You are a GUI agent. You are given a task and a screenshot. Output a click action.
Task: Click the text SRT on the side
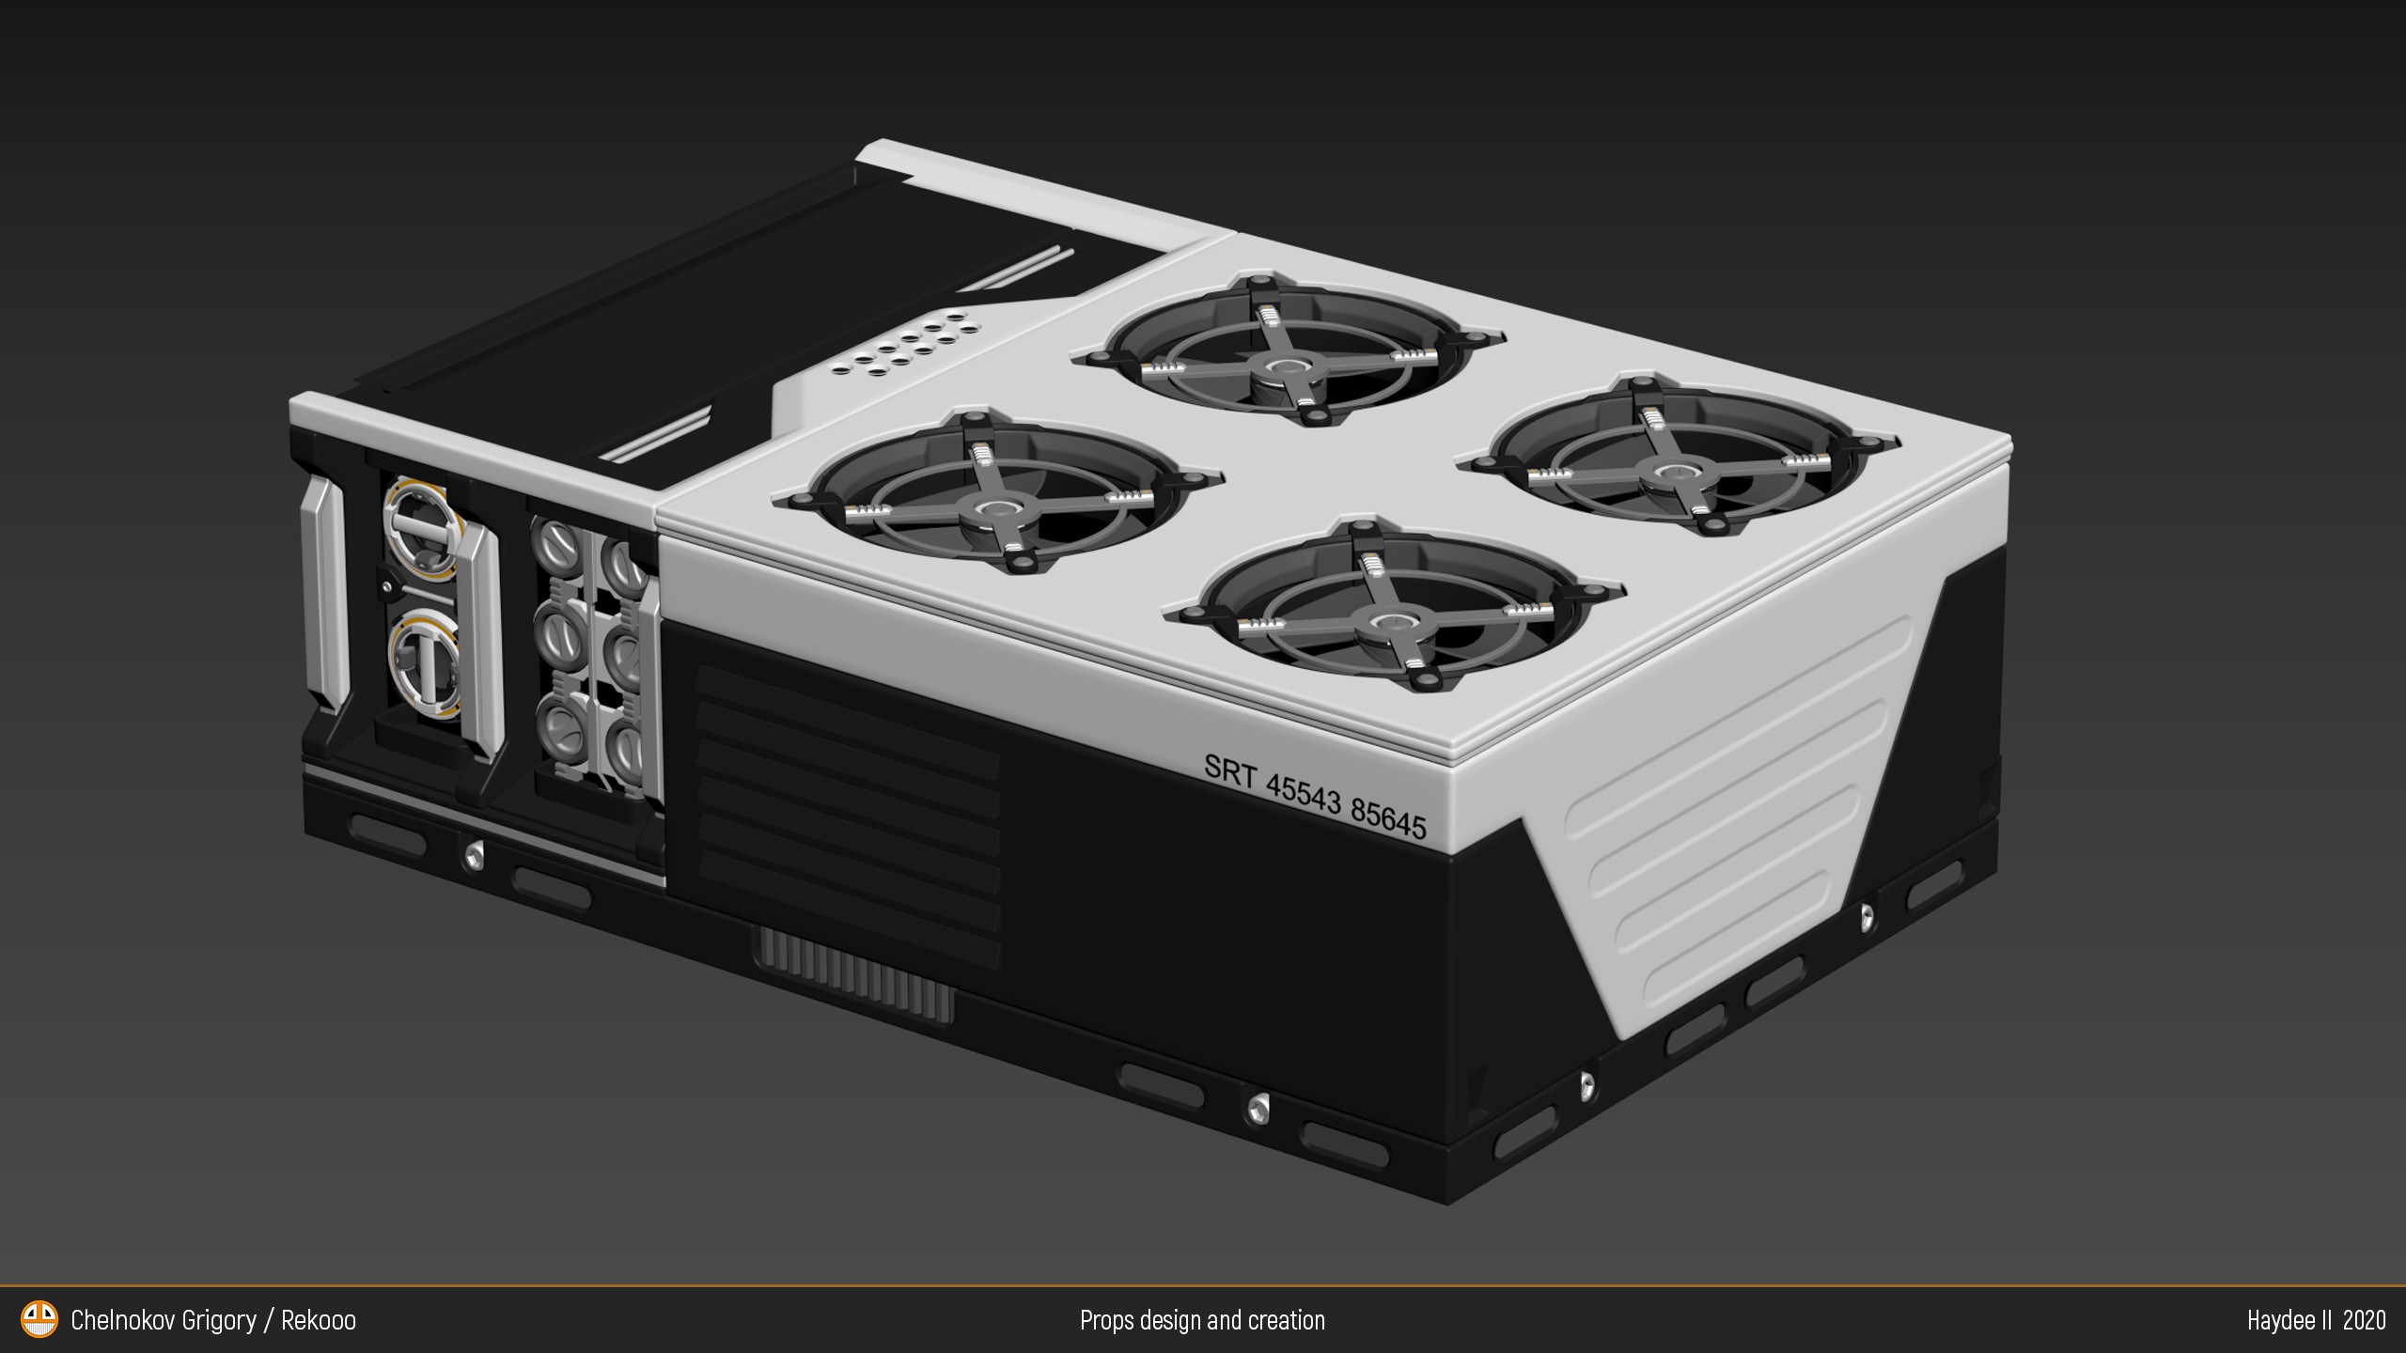click(1229, 771)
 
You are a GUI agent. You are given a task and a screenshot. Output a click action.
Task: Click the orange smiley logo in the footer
click(39, 1319)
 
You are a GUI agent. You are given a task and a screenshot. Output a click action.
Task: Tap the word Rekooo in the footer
click(319, 1320)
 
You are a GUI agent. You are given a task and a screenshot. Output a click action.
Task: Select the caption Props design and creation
click(1202, 1320)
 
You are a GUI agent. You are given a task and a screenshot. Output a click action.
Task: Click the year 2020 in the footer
click(2364, 1320)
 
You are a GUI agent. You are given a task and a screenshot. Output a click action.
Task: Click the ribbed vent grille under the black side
click(853, 973)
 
